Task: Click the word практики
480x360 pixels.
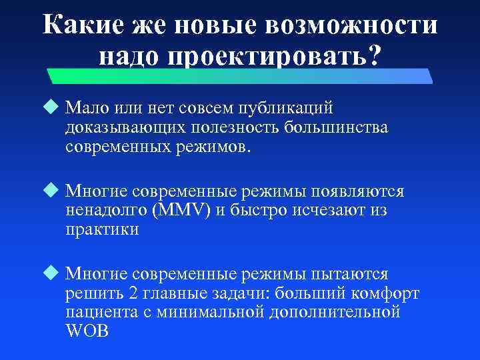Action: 102,230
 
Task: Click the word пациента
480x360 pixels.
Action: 101,312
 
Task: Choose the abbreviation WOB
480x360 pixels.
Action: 87,331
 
